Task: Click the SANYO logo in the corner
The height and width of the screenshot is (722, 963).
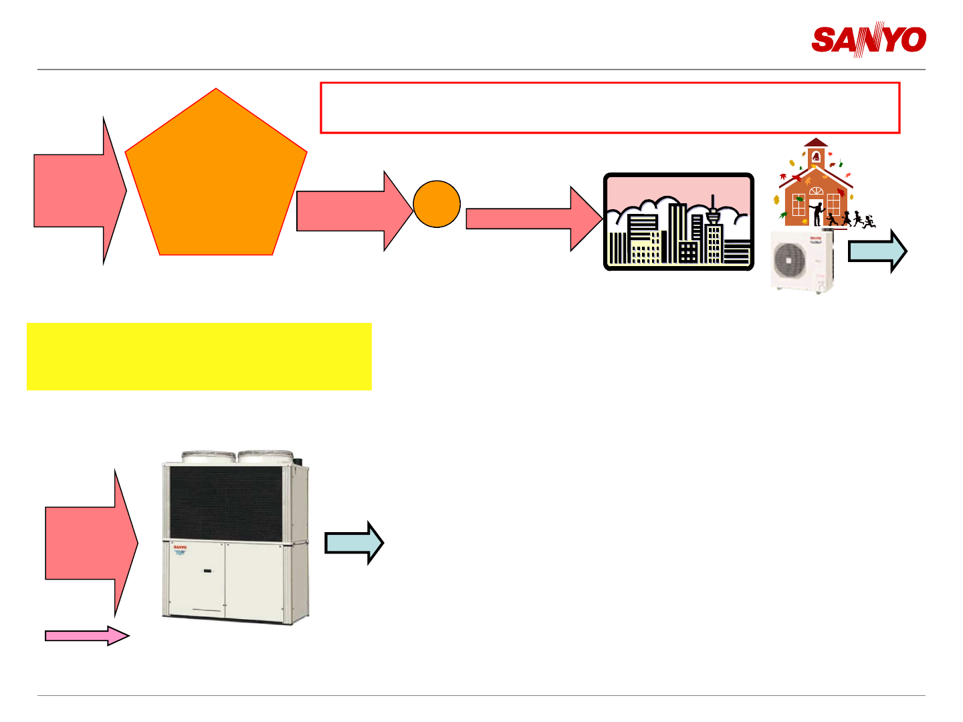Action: coord(869,40)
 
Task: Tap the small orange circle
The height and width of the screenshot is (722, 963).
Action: coord(437,204)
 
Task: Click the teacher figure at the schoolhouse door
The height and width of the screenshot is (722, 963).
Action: coord(817,213)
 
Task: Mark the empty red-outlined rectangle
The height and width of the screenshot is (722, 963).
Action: coord(610,108)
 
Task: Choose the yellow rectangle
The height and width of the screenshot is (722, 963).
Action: coord(199,356)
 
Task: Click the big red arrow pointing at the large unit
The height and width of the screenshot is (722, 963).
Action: coord(90,543)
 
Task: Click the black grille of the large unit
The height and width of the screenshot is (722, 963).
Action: coord(226,503)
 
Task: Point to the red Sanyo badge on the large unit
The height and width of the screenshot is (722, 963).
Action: coord(180,548)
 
